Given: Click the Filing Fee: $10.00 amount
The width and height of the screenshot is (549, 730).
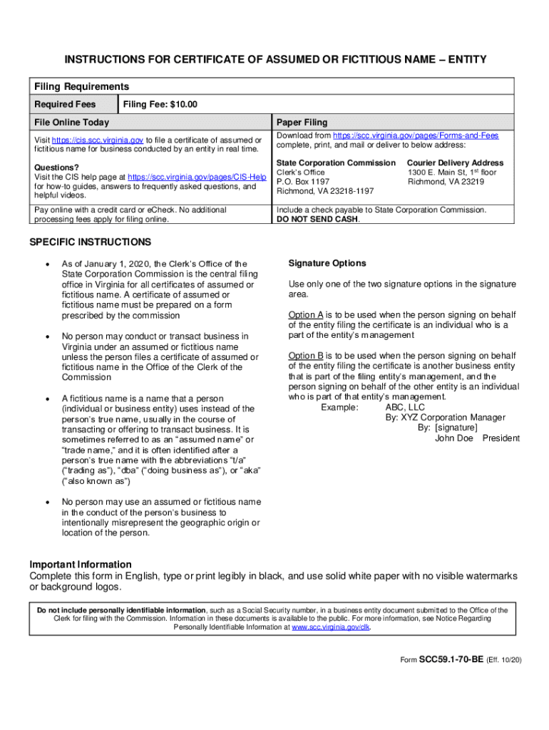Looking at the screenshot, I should [160, 105].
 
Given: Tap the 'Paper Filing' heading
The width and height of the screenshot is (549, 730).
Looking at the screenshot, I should [302, 123].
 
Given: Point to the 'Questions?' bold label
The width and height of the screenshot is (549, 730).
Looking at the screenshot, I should [55, 168].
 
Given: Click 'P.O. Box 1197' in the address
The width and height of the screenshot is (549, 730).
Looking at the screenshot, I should [303, 182].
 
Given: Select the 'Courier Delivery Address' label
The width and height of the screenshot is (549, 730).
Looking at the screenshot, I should [455, 163].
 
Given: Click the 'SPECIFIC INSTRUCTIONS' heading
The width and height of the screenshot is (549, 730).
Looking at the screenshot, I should [90, 242].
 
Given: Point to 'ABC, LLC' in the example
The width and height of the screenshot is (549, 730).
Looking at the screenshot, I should [405, 407].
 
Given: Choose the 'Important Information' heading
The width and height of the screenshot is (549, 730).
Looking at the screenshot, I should [81, 565].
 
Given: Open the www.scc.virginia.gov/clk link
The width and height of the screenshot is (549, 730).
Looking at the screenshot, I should [331, 628].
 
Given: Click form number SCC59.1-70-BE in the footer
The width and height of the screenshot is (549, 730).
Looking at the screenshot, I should [451, 660].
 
